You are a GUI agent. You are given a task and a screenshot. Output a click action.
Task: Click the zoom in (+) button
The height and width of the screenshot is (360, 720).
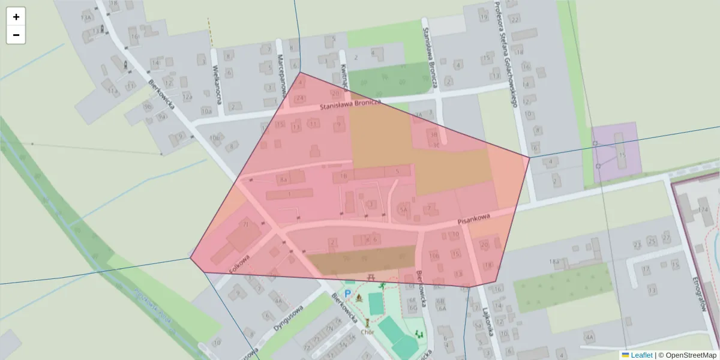point(16,17)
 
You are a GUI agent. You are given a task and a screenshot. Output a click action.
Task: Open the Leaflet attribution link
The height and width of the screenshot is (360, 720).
point(641,355)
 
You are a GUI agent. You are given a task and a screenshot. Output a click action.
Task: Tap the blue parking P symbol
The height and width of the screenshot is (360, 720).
point(347,294)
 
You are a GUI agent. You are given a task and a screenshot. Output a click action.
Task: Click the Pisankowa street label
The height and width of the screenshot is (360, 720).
point(474,220)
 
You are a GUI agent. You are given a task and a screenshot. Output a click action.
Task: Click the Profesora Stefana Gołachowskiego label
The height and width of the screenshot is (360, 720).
point(505,54)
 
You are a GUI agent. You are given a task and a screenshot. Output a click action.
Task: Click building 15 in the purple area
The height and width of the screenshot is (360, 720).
point(622,155)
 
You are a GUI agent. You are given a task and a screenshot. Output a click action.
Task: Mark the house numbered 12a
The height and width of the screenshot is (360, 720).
point(187,97)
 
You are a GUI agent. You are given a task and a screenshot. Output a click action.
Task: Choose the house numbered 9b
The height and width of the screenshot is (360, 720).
point(148,107)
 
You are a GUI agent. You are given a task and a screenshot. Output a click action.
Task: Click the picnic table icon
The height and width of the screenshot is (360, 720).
point(371,277)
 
